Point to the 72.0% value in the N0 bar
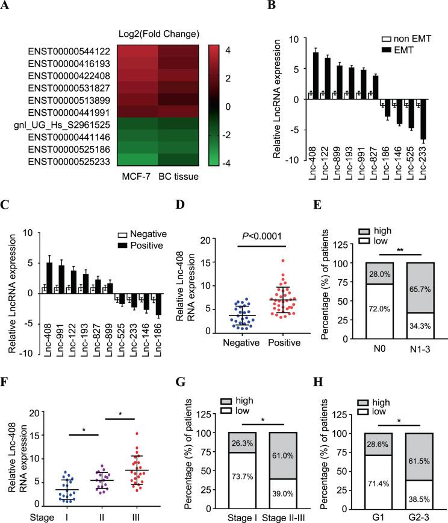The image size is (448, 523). [372, 311]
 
